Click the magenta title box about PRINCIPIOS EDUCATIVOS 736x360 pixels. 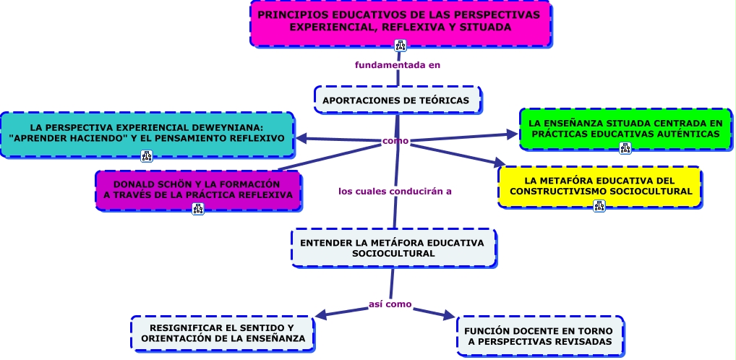pos(400,21)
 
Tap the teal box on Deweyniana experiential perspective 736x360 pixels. pos(147,132)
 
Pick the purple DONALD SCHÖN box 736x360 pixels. pos(197,189)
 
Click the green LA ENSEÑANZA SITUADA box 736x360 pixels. pos(625,128)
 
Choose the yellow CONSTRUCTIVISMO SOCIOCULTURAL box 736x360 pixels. pos(599,185)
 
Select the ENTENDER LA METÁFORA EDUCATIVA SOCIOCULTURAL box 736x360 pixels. pos(393,247)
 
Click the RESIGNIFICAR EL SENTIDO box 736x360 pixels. pos(223,333)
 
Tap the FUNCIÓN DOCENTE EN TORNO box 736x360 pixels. pos(539,335)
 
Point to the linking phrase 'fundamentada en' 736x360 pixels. pos(398,65)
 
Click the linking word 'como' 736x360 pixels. pos(395,141)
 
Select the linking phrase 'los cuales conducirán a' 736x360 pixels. pos(395,192)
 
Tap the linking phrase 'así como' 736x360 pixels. pos(390,304)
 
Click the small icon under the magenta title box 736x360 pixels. pos(401,46)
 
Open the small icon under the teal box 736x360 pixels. pos(147,155)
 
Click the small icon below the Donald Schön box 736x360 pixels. pos(198,209)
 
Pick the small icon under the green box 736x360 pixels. pos(625,148)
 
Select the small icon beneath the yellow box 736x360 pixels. pos(599,205)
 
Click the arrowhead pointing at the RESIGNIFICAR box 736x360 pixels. pos(322,315)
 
